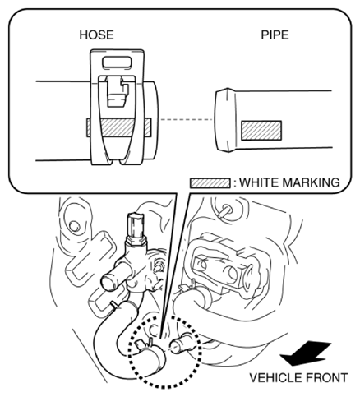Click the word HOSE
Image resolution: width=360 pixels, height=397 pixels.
click(96, 35)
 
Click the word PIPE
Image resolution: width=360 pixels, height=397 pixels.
click(275, 35)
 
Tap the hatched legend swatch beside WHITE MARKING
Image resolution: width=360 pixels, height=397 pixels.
click(210, 183)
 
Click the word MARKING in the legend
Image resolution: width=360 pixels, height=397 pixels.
click(312, 182)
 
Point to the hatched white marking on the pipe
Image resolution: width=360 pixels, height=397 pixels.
click(261, 131)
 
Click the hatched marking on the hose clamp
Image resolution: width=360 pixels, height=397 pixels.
click(118, 127)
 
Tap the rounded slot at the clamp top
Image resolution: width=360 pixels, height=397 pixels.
click(117, 62)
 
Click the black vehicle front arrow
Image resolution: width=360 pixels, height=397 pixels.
click(306, 353)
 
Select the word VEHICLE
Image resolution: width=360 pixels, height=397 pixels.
click(275, 378)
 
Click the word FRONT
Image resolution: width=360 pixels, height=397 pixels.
click(326, 378)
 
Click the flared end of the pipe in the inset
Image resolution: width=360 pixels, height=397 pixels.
click(224, 120)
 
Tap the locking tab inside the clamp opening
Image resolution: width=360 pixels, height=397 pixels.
click(118, 92)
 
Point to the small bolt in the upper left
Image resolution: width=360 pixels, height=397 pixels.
click(74, 226)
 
